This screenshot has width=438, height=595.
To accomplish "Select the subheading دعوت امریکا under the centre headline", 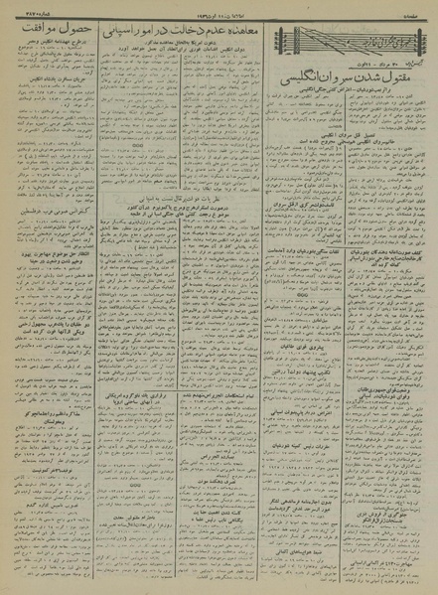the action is click(x=210, y=58).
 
